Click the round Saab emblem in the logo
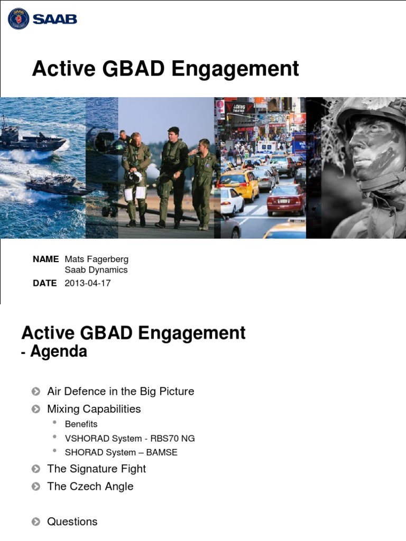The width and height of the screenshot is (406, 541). click(x=19, y=19)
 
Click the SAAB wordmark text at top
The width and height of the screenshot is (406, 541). click(x=55, y=19)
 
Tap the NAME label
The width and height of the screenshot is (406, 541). click(x=45, y=259)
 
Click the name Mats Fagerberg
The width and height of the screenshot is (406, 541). click(x=96, y=259)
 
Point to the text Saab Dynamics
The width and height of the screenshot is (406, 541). click(x=96, y=270)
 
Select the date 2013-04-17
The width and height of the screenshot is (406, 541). click(x=87, y=283)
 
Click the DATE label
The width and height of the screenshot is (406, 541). click(x=44, y=283)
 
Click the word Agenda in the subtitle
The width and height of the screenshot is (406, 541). click(x=59, y=352)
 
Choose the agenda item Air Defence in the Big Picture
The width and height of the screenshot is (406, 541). click(x=121, y=391)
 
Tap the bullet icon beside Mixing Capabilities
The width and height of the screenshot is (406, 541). click(x=35, y=409)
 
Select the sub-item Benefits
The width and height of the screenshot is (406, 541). click(x=81, y=424)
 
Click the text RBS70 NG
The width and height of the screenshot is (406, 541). click(x=177, y=438)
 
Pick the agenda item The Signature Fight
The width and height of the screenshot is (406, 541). click(x=96, y=469)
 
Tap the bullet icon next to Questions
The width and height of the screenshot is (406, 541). click(x=35, y=522)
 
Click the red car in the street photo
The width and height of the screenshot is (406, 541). click(x=285, y=200)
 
